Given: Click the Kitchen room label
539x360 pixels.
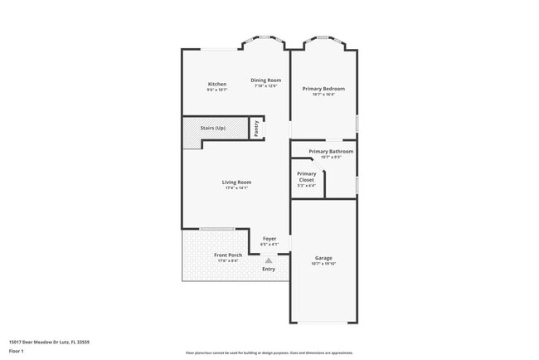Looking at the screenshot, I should [x=217, y=84].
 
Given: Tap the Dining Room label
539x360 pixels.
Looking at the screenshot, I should [x=266, y=80].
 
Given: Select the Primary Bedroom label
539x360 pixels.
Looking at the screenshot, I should [x=323, y=88].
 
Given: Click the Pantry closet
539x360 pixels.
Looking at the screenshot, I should [x=257, y=128].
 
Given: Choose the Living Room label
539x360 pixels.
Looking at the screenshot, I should [x=236, y=182].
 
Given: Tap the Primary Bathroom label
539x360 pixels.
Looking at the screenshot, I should [x=331, y=151].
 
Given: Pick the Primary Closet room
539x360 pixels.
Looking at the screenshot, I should [x=307, y=177].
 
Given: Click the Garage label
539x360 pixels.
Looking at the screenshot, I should [x=323, y=258].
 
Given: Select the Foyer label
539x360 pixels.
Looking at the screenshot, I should [x=269, y=239].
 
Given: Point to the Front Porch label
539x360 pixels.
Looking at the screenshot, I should [x=228, y=255].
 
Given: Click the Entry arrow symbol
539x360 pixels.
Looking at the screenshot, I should [x=269, y=260].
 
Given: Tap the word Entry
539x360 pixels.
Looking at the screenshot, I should [x=269, y=269].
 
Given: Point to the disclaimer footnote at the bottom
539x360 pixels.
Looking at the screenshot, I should [x=269, y=353].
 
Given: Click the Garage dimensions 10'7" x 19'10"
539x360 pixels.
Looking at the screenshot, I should [x=323, y=264].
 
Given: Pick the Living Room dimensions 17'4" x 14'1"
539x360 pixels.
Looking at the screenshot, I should [x=236, y=188].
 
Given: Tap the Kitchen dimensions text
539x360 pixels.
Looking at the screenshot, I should [x=217, y=90].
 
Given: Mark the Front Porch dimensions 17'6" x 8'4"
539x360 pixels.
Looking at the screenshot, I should [x=228, y=260].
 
